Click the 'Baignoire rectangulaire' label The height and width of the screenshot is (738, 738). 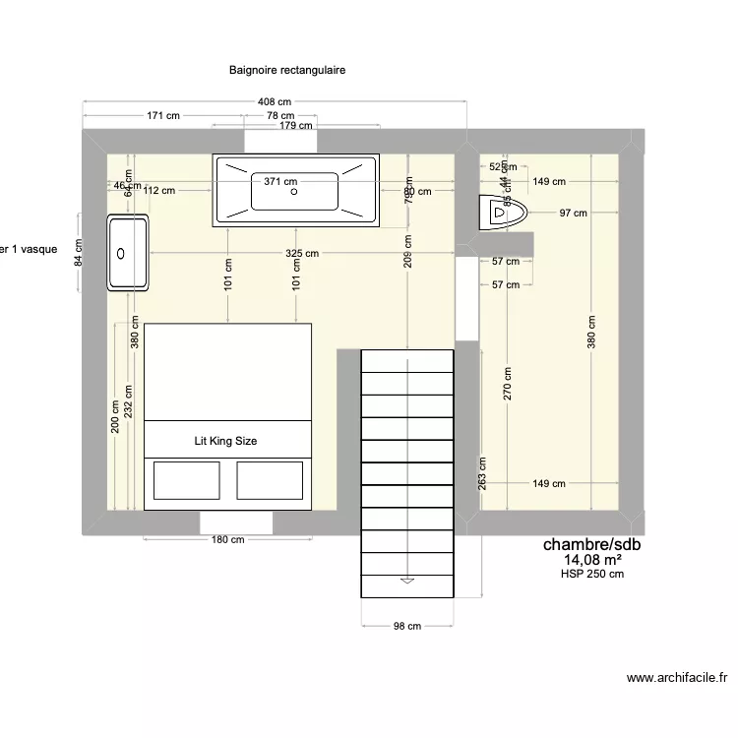[x=287, y=71]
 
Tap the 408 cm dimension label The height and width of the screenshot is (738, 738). [x=276, y=102]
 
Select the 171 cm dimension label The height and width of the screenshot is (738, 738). [x=163, y=116]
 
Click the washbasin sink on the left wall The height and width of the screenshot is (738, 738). [x=128, y=253]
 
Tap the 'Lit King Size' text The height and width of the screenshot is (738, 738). [x=225, y=442]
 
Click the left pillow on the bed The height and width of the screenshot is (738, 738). [x=185, y=481]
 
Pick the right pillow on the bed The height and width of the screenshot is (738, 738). [x=270, y=481]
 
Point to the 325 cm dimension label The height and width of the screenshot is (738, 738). [x=302, y=254]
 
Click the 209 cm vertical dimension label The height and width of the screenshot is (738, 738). [x=408, y=253]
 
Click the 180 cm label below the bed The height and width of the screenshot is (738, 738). [x=227, y=539]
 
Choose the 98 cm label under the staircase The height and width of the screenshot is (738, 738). [x=407, y=626]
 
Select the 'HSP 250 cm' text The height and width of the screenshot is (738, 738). [x=592, y=575]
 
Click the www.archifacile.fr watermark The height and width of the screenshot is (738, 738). [x=676, y=678]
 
